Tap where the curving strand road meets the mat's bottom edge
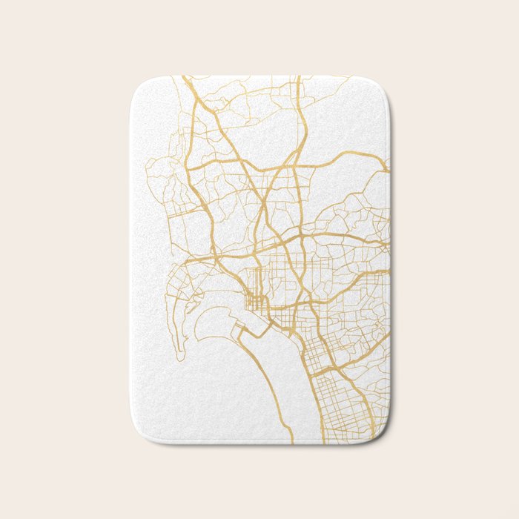coord(291,443)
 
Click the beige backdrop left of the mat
coord(67,259)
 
